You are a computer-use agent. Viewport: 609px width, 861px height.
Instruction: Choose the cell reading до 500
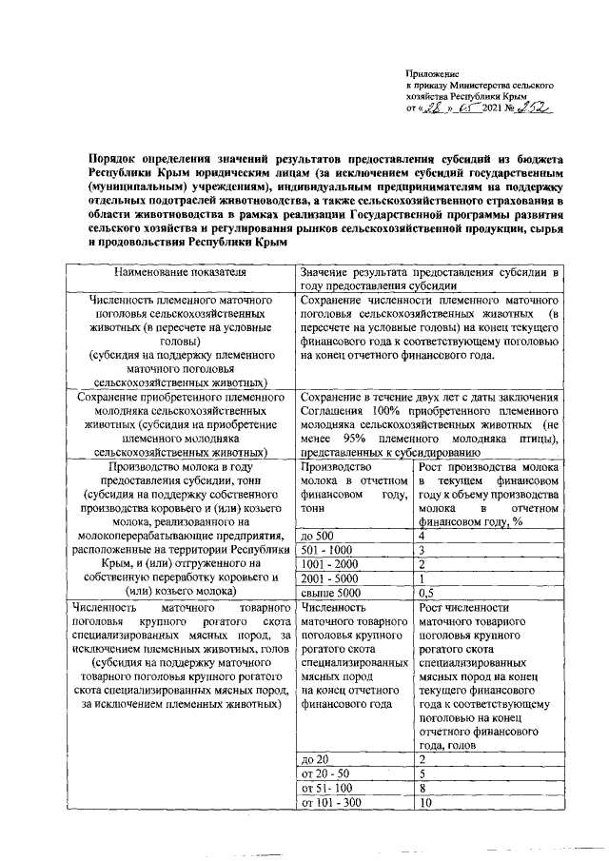(x=316, y=536)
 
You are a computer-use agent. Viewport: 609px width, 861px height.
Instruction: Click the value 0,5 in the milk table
(x=427, y=592)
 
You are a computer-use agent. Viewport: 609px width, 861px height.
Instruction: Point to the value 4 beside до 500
(x=422, y=536)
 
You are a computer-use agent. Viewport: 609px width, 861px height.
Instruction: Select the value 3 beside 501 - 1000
(x=422, y=551)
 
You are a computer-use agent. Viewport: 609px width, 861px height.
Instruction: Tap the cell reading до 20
(x=313, y=760)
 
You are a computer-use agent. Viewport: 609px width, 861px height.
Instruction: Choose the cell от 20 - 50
(x=322, y=774)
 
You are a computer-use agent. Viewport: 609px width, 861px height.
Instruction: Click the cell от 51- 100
(x=325, y=789)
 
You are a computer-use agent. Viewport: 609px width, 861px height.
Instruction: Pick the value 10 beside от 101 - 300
(x=424, y=803)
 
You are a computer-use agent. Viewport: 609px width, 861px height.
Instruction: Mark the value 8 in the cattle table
(x=422, y=789)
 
